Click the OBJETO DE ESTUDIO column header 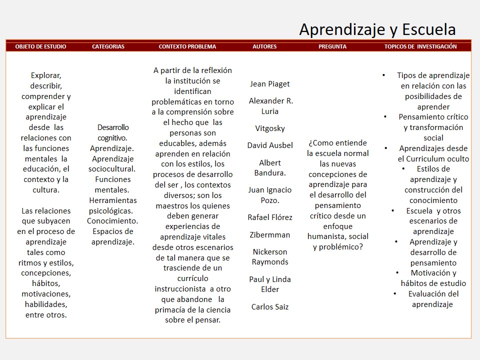tap(40, 46)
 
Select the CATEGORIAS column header tap(108, 46)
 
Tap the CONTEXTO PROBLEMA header tap(187, 46)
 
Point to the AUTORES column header tap(264, 46)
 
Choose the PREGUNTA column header tap(332, 46)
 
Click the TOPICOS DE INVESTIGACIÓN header tap(420, 46)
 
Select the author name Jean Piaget tap(270, 84)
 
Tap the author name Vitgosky tap(270, 128)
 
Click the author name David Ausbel tap(270, 145)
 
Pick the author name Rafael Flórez tap(270, 217)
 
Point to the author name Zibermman tap(270, 235)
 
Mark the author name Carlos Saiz tap(270, 307)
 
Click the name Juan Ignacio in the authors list tap(270, 190)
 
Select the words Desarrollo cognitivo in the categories tap(112, 132)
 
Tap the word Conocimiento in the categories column tap(112, 220)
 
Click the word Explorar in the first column tap(46, 75)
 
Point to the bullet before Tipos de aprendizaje tap(383, 75)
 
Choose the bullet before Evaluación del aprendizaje tap(394, 293)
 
